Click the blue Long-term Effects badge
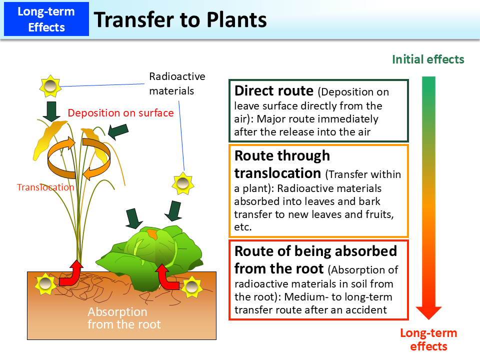coord(46,19)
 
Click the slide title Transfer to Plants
coord(180,19)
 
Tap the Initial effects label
coord(428,59)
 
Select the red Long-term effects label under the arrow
coord(428,339)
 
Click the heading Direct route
coord(274,91)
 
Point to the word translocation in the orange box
coord(277,173)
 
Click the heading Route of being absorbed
coord(315,250)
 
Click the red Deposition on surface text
coord(120,113)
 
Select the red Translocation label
coord(45,187)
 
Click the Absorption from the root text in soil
coord(124,318)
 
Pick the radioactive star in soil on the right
coord(191,286)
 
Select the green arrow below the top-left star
coord(51,111)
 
